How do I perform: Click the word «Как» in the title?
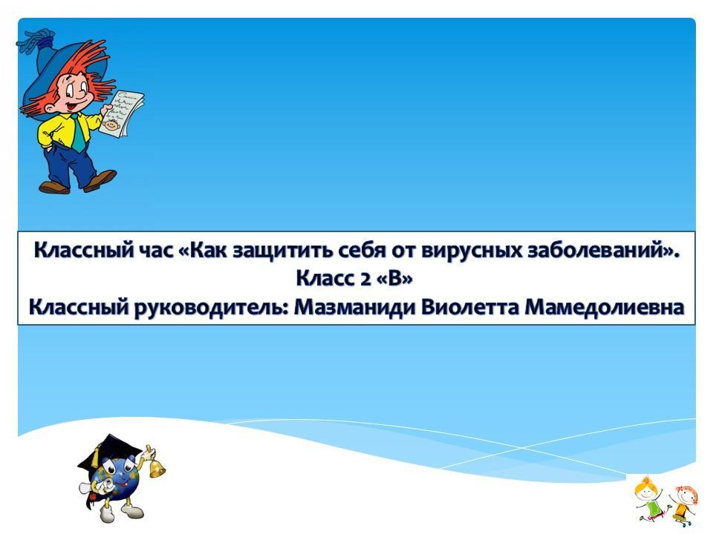point(209,251)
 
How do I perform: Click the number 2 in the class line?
point(365,279)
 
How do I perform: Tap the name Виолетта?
point(469,307)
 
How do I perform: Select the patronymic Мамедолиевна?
point(605,307)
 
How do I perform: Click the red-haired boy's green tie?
point(77,133)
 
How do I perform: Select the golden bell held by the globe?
point(156,467)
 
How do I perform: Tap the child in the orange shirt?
point(682,503)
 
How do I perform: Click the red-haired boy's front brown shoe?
point(101,180)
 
